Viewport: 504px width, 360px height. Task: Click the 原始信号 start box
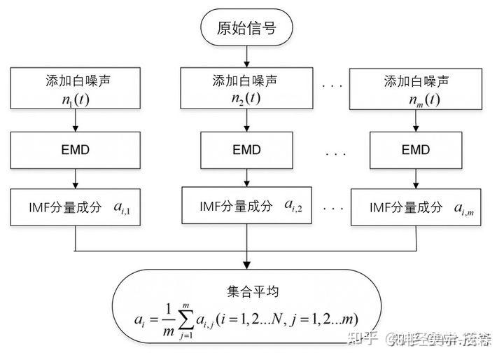[x=246, y=28]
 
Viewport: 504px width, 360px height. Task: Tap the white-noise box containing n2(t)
[x=246, y=88]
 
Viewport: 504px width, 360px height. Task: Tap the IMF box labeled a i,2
[x=246, y=206]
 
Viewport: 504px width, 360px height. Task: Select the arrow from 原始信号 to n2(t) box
[x=246, y=55]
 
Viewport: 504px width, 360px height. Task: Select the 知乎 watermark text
[x=363, y=339]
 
